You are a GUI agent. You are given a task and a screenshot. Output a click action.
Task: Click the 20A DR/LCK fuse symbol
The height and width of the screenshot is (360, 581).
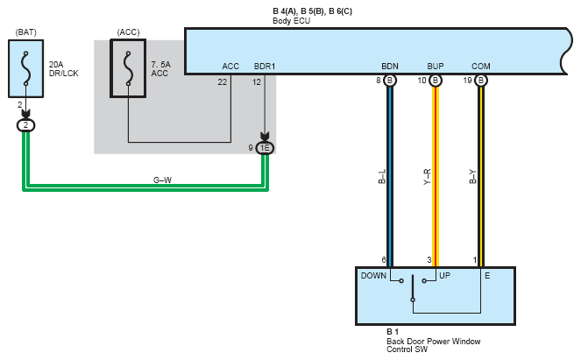[x=26, y=69]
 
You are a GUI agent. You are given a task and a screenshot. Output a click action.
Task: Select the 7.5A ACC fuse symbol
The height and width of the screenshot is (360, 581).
[x=128, y=68]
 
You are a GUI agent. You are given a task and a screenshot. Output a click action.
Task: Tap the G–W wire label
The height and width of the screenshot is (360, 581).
[x=162, y=180]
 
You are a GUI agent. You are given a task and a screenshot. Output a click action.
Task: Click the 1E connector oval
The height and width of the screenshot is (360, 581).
[x=265, y=148]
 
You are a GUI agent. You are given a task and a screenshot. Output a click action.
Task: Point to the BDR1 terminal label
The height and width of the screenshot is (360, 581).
[x=265, y=67]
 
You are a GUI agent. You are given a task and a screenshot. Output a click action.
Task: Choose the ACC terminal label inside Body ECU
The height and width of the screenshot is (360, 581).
[x=230, y=67]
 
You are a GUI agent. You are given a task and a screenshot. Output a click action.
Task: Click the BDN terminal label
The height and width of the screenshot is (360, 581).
[x=390, y=67]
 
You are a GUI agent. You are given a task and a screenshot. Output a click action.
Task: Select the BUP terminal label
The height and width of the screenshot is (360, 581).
[x=436, y=67]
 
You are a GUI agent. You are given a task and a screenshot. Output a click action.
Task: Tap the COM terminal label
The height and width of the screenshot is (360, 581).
[x=481, y=67]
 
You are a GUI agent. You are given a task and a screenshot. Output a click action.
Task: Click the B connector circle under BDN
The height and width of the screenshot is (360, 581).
[x=389, y=81]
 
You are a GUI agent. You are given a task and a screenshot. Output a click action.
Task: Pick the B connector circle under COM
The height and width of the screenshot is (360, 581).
[x=480, y=81]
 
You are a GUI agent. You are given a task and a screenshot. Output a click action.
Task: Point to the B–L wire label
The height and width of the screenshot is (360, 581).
[x=382, y=177]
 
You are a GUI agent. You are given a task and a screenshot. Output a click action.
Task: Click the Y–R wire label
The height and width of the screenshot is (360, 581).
[x=428, y=177]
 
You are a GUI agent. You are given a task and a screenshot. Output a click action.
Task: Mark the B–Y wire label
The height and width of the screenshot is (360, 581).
[x=473, y=177]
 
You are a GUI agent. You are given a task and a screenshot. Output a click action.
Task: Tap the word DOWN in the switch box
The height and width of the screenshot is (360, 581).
[x=373, y=276]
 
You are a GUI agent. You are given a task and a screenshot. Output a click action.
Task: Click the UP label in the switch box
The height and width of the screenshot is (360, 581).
[x=444, y=276]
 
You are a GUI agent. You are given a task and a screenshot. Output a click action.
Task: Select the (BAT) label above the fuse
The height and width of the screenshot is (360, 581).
[x=26, y=32]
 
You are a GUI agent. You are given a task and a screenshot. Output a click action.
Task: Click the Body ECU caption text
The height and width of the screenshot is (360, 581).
[x=291, y=21]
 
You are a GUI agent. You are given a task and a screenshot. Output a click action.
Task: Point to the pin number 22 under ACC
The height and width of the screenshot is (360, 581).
[x=223, y=82]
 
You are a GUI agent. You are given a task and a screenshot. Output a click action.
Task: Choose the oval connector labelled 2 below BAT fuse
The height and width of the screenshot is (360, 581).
[x=26, y=125]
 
